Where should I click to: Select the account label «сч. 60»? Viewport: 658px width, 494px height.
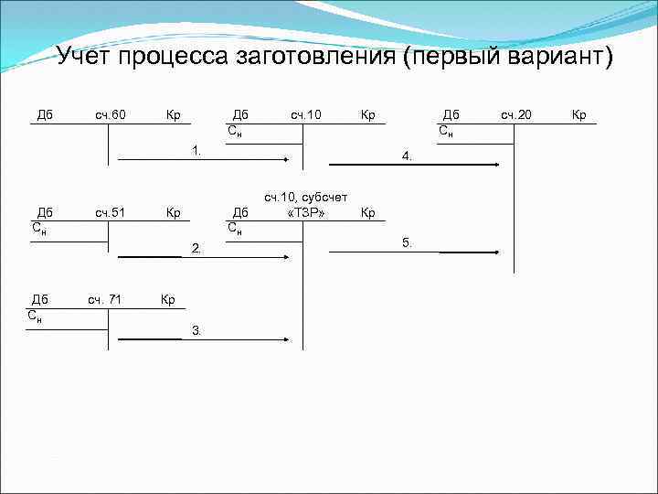click(x=110, y=114)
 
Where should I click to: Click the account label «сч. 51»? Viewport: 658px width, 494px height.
click(x=110, y=213)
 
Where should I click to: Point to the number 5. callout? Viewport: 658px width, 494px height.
click(x=408, y=242)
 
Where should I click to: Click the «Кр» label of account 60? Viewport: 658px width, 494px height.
click(x=173, y=114)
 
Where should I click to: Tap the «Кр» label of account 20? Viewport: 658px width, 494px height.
click(x=578, y=114)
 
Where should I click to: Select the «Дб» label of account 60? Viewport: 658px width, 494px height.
click(x=44, y=114)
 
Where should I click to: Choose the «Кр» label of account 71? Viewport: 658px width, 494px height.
click(x=167, y=298)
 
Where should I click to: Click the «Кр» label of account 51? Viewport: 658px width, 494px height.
click(x=173, y=213)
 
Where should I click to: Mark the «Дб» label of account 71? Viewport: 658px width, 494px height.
click(x=39, y=298)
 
